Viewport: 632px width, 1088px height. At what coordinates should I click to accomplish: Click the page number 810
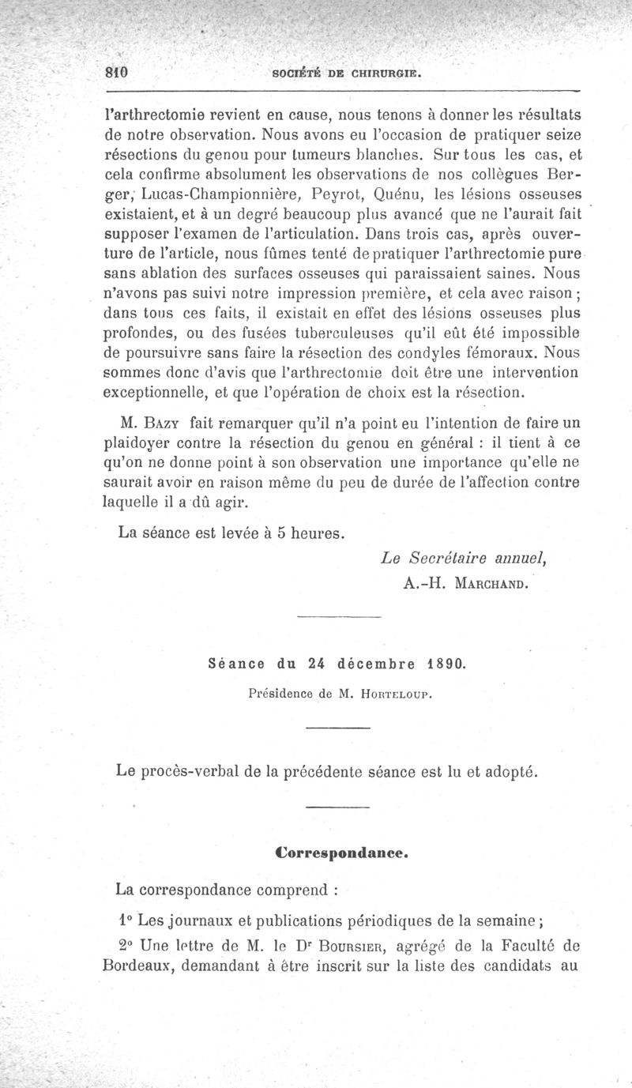tap(117, 70)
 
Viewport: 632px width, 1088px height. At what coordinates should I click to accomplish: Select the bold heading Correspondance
tap(342, 853)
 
